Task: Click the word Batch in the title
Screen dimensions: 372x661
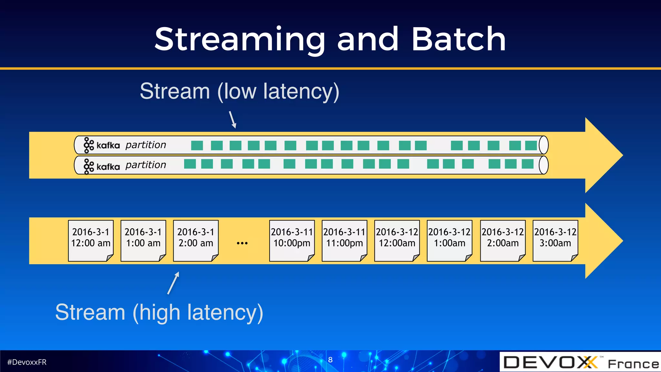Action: [x=458, y=39]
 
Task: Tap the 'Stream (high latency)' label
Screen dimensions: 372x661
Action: [x=159, y=312]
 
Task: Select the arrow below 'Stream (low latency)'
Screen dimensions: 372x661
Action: [x=233, y=119]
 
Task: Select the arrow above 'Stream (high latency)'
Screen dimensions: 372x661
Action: [x=173, y=283]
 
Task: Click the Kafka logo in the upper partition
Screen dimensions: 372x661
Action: [x=101, y=145]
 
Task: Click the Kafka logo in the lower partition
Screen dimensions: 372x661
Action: [x=101, y=166]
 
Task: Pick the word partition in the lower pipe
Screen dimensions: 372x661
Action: [x=146, y=165]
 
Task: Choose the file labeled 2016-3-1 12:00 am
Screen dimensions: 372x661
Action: [x=91, y=241]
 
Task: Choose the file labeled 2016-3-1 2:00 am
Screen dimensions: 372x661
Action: [x=196, y=241]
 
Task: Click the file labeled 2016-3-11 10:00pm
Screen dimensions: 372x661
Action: [x=292, y=241]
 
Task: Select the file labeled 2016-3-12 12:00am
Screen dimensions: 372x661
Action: [x=397, y=241]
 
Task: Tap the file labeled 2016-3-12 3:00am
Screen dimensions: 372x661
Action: [x=555, y=241]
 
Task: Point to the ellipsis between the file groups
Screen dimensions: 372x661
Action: [x=242, y=243]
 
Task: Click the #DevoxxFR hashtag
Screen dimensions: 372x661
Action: [x=27, y=362]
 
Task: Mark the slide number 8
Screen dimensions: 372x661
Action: [x=330, y=360]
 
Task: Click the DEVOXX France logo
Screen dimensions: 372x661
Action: [x=580, y=362]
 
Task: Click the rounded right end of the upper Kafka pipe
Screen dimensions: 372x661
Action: [x=544, y=145]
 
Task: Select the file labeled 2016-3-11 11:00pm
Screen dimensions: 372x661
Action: [x=344, y=241]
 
